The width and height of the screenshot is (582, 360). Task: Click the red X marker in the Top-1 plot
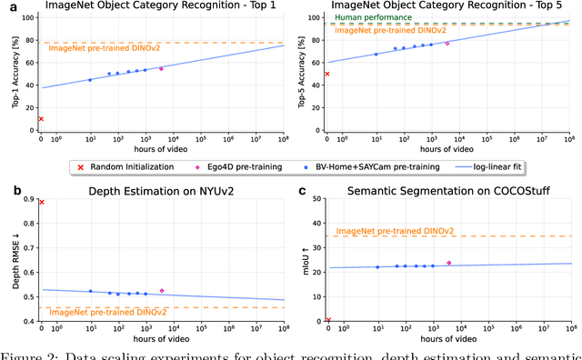click(41, 118)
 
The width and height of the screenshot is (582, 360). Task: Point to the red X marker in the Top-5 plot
click(327, 74)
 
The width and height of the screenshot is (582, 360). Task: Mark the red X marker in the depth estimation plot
click(41, 202)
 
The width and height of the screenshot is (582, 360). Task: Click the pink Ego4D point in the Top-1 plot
click(161, 68)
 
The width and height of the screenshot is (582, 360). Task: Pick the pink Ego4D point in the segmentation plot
click(448, 263)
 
